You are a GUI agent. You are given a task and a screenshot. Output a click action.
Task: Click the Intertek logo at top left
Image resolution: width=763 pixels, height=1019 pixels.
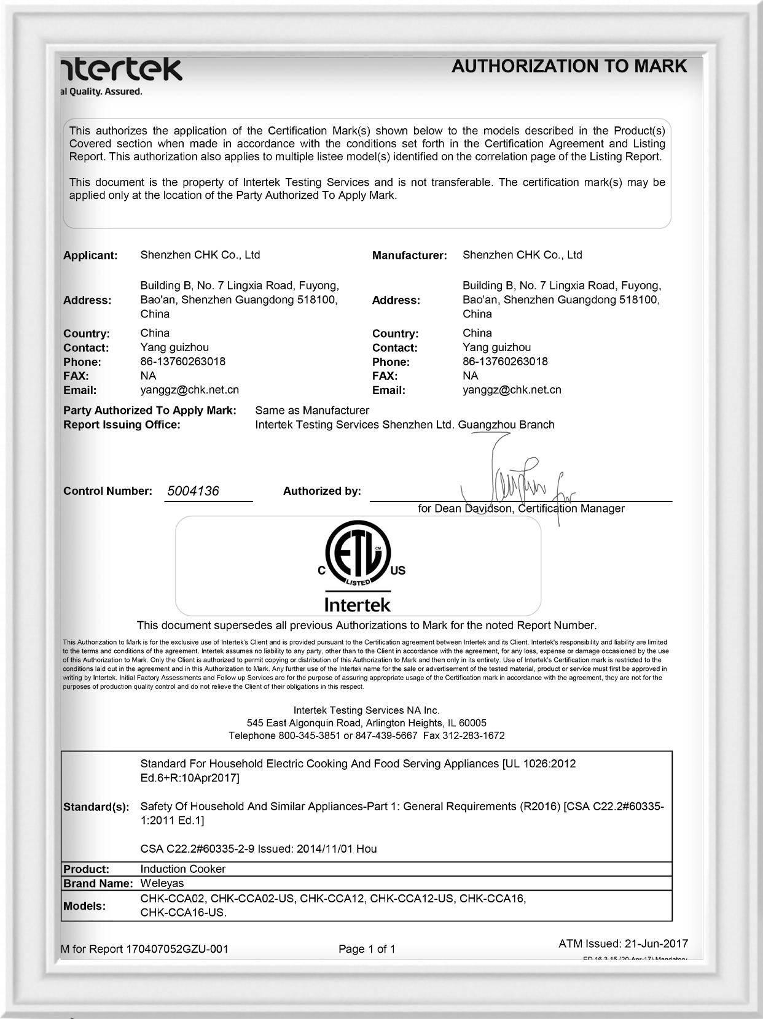click(x=122, y=70)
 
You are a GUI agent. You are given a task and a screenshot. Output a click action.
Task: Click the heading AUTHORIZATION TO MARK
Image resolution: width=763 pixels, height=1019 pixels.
click(x=569, y=66)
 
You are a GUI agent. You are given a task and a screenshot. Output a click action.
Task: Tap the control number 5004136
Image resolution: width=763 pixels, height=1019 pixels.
click(x=193, y=491)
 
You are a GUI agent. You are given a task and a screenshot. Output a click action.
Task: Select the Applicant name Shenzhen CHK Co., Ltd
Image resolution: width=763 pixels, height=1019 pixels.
click(x=200, y=255)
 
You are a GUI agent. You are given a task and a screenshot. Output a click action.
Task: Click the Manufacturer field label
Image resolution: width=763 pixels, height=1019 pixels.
click(x=409, y=255)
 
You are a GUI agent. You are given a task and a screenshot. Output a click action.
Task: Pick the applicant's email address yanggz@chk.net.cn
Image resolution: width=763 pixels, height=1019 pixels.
click(x=190, y=390)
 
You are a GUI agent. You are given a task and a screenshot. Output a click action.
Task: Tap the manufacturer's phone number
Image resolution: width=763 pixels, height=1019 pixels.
click(x=505, y=362)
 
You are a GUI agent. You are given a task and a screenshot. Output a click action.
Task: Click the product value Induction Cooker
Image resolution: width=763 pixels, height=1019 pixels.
click(x=183, y=869)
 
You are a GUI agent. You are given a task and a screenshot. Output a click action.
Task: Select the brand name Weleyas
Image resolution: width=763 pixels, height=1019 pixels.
click(x=162, y=883)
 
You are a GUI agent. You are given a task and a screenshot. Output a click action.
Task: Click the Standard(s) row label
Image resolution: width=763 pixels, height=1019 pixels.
click(x=96, y=807)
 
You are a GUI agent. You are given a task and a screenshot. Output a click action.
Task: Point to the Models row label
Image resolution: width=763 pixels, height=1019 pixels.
click(x=84, y=906)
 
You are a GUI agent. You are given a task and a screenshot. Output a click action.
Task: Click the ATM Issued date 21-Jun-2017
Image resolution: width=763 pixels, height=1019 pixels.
click(x=655, y=943)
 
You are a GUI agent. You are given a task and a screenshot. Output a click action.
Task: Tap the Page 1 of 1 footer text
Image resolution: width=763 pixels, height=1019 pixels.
click(x=367, y=949)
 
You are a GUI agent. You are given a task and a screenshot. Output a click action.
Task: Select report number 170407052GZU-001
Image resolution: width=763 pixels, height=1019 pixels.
click(x=177, y=949)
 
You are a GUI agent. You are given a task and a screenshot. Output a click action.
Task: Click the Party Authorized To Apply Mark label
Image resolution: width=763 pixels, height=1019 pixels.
click(x=149, y=411)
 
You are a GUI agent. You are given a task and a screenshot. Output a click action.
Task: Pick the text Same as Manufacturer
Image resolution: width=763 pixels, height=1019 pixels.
click(x=312, y=410)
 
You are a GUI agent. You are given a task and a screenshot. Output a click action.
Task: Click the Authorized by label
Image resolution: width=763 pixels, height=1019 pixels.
click(x=322, y=491)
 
